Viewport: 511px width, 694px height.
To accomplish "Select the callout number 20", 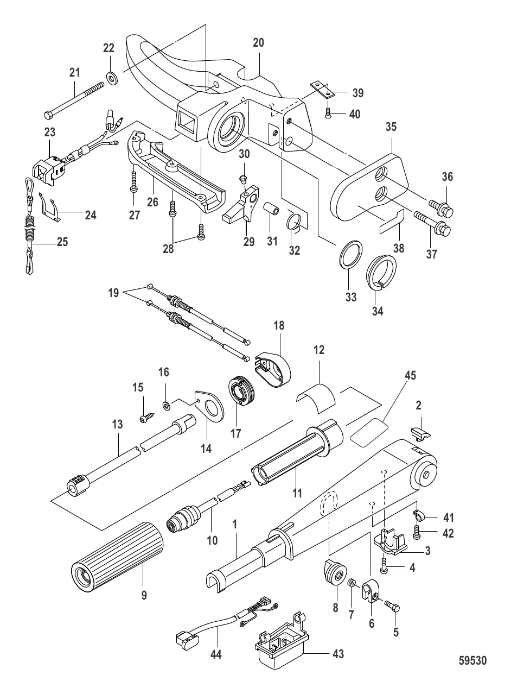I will tap(258, 43).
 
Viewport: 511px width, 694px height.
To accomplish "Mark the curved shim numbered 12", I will tap(318, 392).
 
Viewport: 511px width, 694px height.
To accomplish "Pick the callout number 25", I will tap(63, 242).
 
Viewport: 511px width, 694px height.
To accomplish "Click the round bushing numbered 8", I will tap(333, 572).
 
